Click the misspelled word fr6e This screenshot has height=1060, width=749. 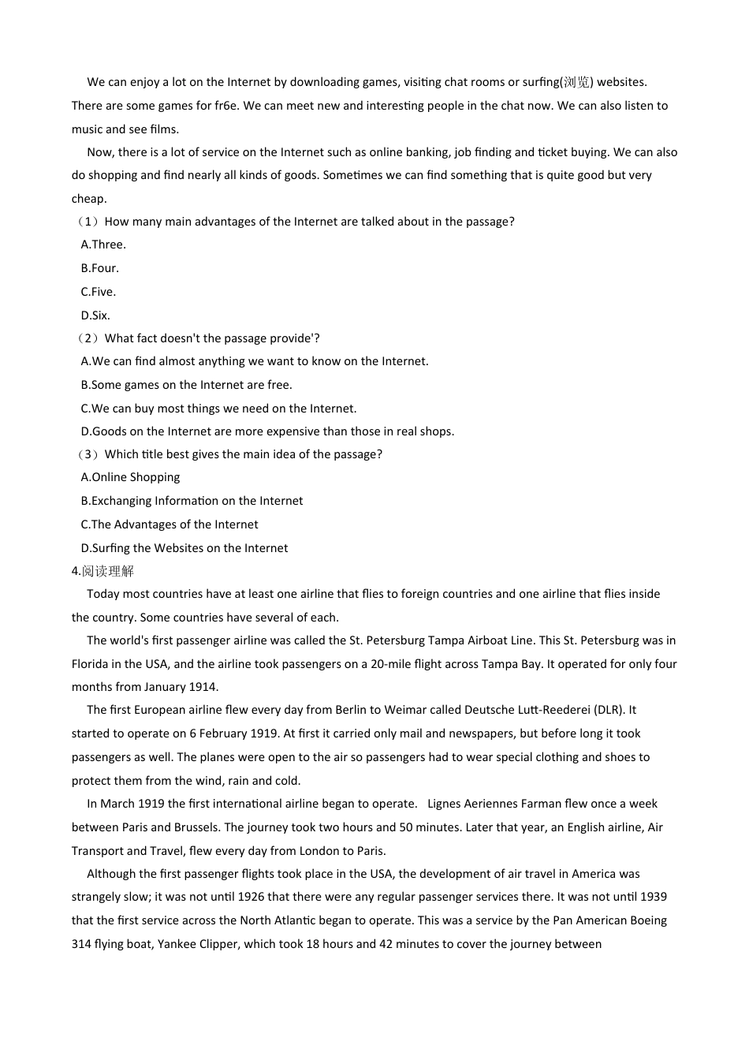[x=227, y=106]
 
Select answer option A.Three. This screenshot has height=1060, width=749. [x=103, y=244]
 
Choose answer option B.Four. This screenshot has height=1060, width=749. [x=100, y=268]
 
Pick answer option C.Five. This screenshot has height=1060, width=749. [x=99, y=292]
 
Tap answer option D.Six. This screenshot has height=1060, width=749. [x=95, y=315]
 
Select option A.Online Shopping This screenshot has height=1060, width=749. [x=130, y=477]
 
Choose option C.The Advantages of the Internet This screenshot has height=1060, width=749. [x=170, y=524]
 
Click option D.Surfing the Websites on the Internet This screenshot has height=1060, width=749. [x=184, y=548]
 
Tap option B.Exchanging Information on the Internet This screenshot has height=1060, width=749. [x=192, y=501]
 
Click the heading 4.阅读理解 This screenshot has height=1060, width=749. [x=103, y=571]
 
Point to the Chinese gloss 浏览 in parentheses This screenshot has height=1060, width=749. [x=576, y=82]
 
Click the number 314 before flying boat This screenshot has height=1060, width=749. [x=81, y=944]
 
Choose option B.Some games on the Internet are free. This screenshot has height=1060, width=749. [x=186, y=385]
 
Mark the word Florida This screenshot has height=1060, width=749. [x=90, y=664]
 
